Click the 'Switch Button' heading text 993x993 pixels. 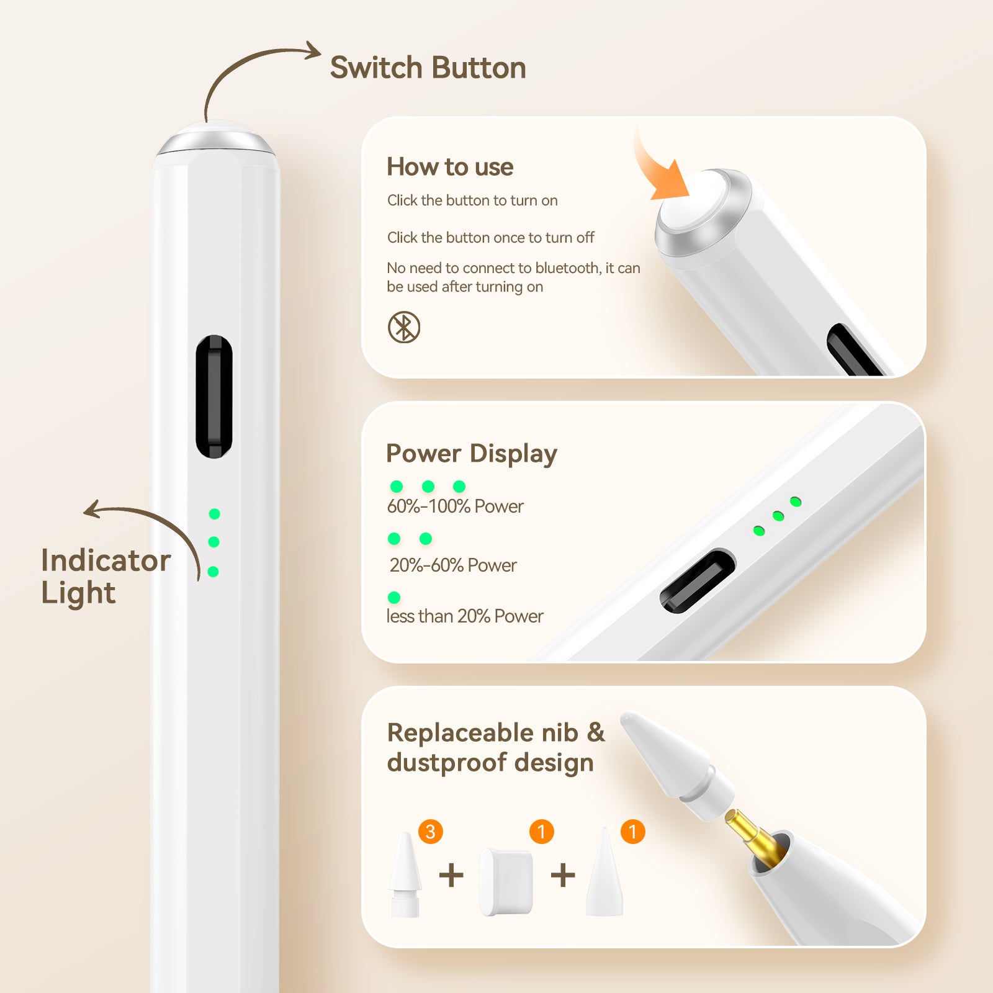(x=428, y=68)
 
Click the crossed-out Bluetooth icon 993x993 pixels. (x=404, y=327)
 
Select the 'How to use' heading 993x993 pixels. (x=450, y=167)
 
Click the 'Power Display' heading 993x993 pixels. (x=471, y=454)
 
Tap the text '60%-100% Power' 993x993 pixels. (x=455, y=506)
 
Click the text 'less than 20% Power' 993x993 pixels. (x=464, y=616)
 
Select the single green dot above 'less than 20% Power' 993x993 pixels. (x=394, y=598)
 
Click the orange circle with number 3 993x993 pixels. (x=431, y=832)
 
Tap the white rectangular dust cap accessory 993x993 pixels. (x=506, y=882)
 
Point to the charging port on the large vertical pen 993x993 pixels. (x=214, y=397)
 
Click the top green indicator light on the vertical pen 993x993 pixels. (x=215, y=514)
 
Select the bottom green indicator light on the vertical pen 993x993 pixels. (x=213, y=572)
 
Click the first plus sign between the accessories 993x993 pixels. (x=451, y=876)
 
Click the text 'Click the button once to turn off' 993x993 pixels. (x=490, y=238)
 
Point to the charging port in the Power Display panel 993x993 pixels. (x=697, y=581)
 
